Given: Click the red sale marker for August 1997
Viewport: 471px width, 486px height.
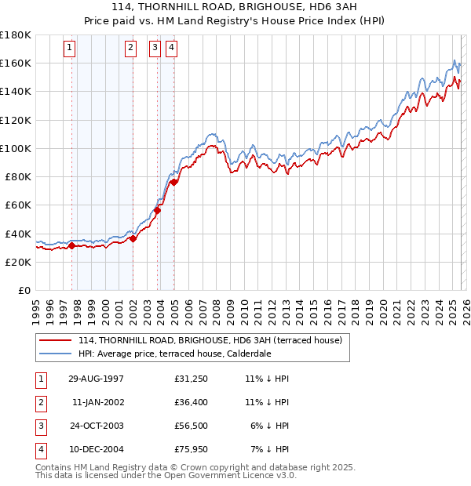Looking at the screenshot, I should (x=72, y=245).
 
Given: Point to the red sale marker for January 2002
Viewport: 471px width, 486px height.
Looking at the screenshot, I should (x=133, y=238).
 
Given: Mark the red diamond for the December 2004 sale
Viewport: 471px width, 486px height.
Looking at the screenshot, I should (x=174, y=182).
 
